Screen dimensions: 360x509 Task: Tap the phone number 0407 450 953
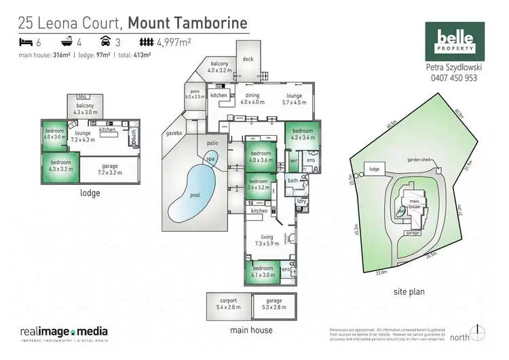pos(453,78)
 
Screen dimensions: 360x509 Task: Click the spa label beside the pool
pos(210,158)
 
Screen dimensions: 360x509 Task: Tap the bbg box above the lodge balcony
pos(83,97)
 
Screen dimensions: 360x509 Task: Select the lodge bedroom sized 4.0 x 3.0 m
pos(55,134)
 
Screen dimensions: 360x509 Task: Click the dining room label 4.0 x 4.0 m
pos(252,99)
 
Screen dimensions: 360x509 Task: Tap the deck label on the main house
pos(248,59)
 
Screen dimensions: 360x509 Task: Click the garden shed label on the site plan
pos(419,160)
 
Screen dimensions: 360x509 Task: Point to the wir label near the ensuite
pos(294,160)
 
